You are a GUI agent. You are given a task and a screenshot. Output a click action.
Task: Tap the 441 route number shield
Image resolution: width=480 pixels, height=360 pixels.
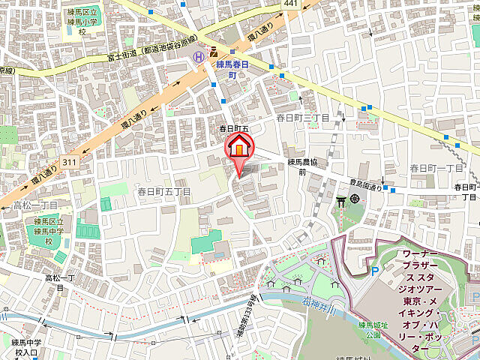[x=292, y=5]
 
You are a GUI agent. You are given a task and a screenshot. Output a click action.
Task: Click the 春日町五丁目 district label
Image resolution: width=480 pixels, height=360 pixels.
[x=163, y=192]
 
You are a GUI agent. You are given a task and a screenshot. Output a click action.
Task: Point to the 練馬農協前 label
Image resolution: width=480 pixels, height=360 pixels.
[x=303, y=166]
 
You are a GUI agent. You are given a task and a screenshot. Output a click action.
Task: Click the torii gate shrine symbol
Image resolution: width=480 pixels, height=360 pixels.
[x=342, y=200]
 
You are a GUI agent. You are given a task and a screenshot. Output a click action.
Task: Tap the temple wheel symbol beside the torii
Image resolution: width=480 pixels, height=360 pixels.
[x=355, y=200]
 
